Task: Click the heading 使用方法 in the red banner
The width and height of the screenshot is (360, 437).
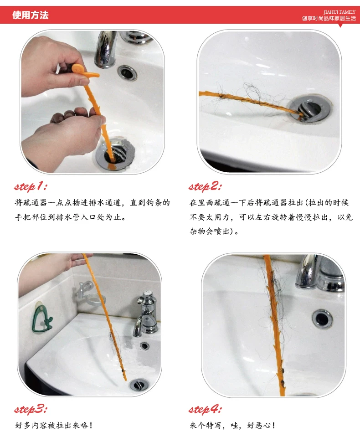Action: [31, 15]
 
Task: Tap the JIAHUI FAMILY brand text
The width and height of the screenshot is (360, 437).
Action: [339, 12]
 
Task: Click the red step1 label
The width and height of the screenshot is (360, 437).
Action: [31, 186]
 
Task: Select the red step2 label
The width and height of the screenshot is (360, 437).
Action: [205, 186]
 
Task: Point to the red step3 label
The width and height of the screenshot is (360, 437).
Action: [31, 409]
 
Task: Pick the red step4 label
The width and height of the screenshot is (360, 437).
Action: [205, 409]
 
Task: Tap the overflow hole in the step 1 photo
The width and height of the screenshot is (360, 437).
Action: [127, 72]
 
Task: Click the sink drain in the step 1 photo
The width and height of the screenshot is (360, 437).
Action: [115, 154]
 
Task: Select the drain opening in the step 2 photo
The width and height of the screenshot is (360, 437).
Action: [310, 108]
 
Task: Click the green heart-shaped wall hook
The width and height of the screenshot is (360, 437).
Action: [42, 318]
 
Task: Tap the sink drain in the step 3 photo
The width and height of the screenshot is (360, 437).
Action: [139, 385]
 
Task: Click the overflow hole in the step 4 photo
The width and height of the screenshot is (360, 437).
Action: [322, 318]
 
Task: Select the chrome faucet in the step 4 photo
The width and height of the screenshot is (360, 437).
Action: [319, 273]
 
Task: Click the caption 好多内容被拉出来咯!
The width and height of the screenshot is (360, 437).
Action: [53, 425]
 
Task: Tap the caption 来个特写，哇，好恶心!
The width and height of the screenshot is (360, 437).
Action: [232, 425]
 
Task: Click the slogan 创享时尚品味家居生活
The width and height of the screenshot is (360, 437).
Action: [329, 18]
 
